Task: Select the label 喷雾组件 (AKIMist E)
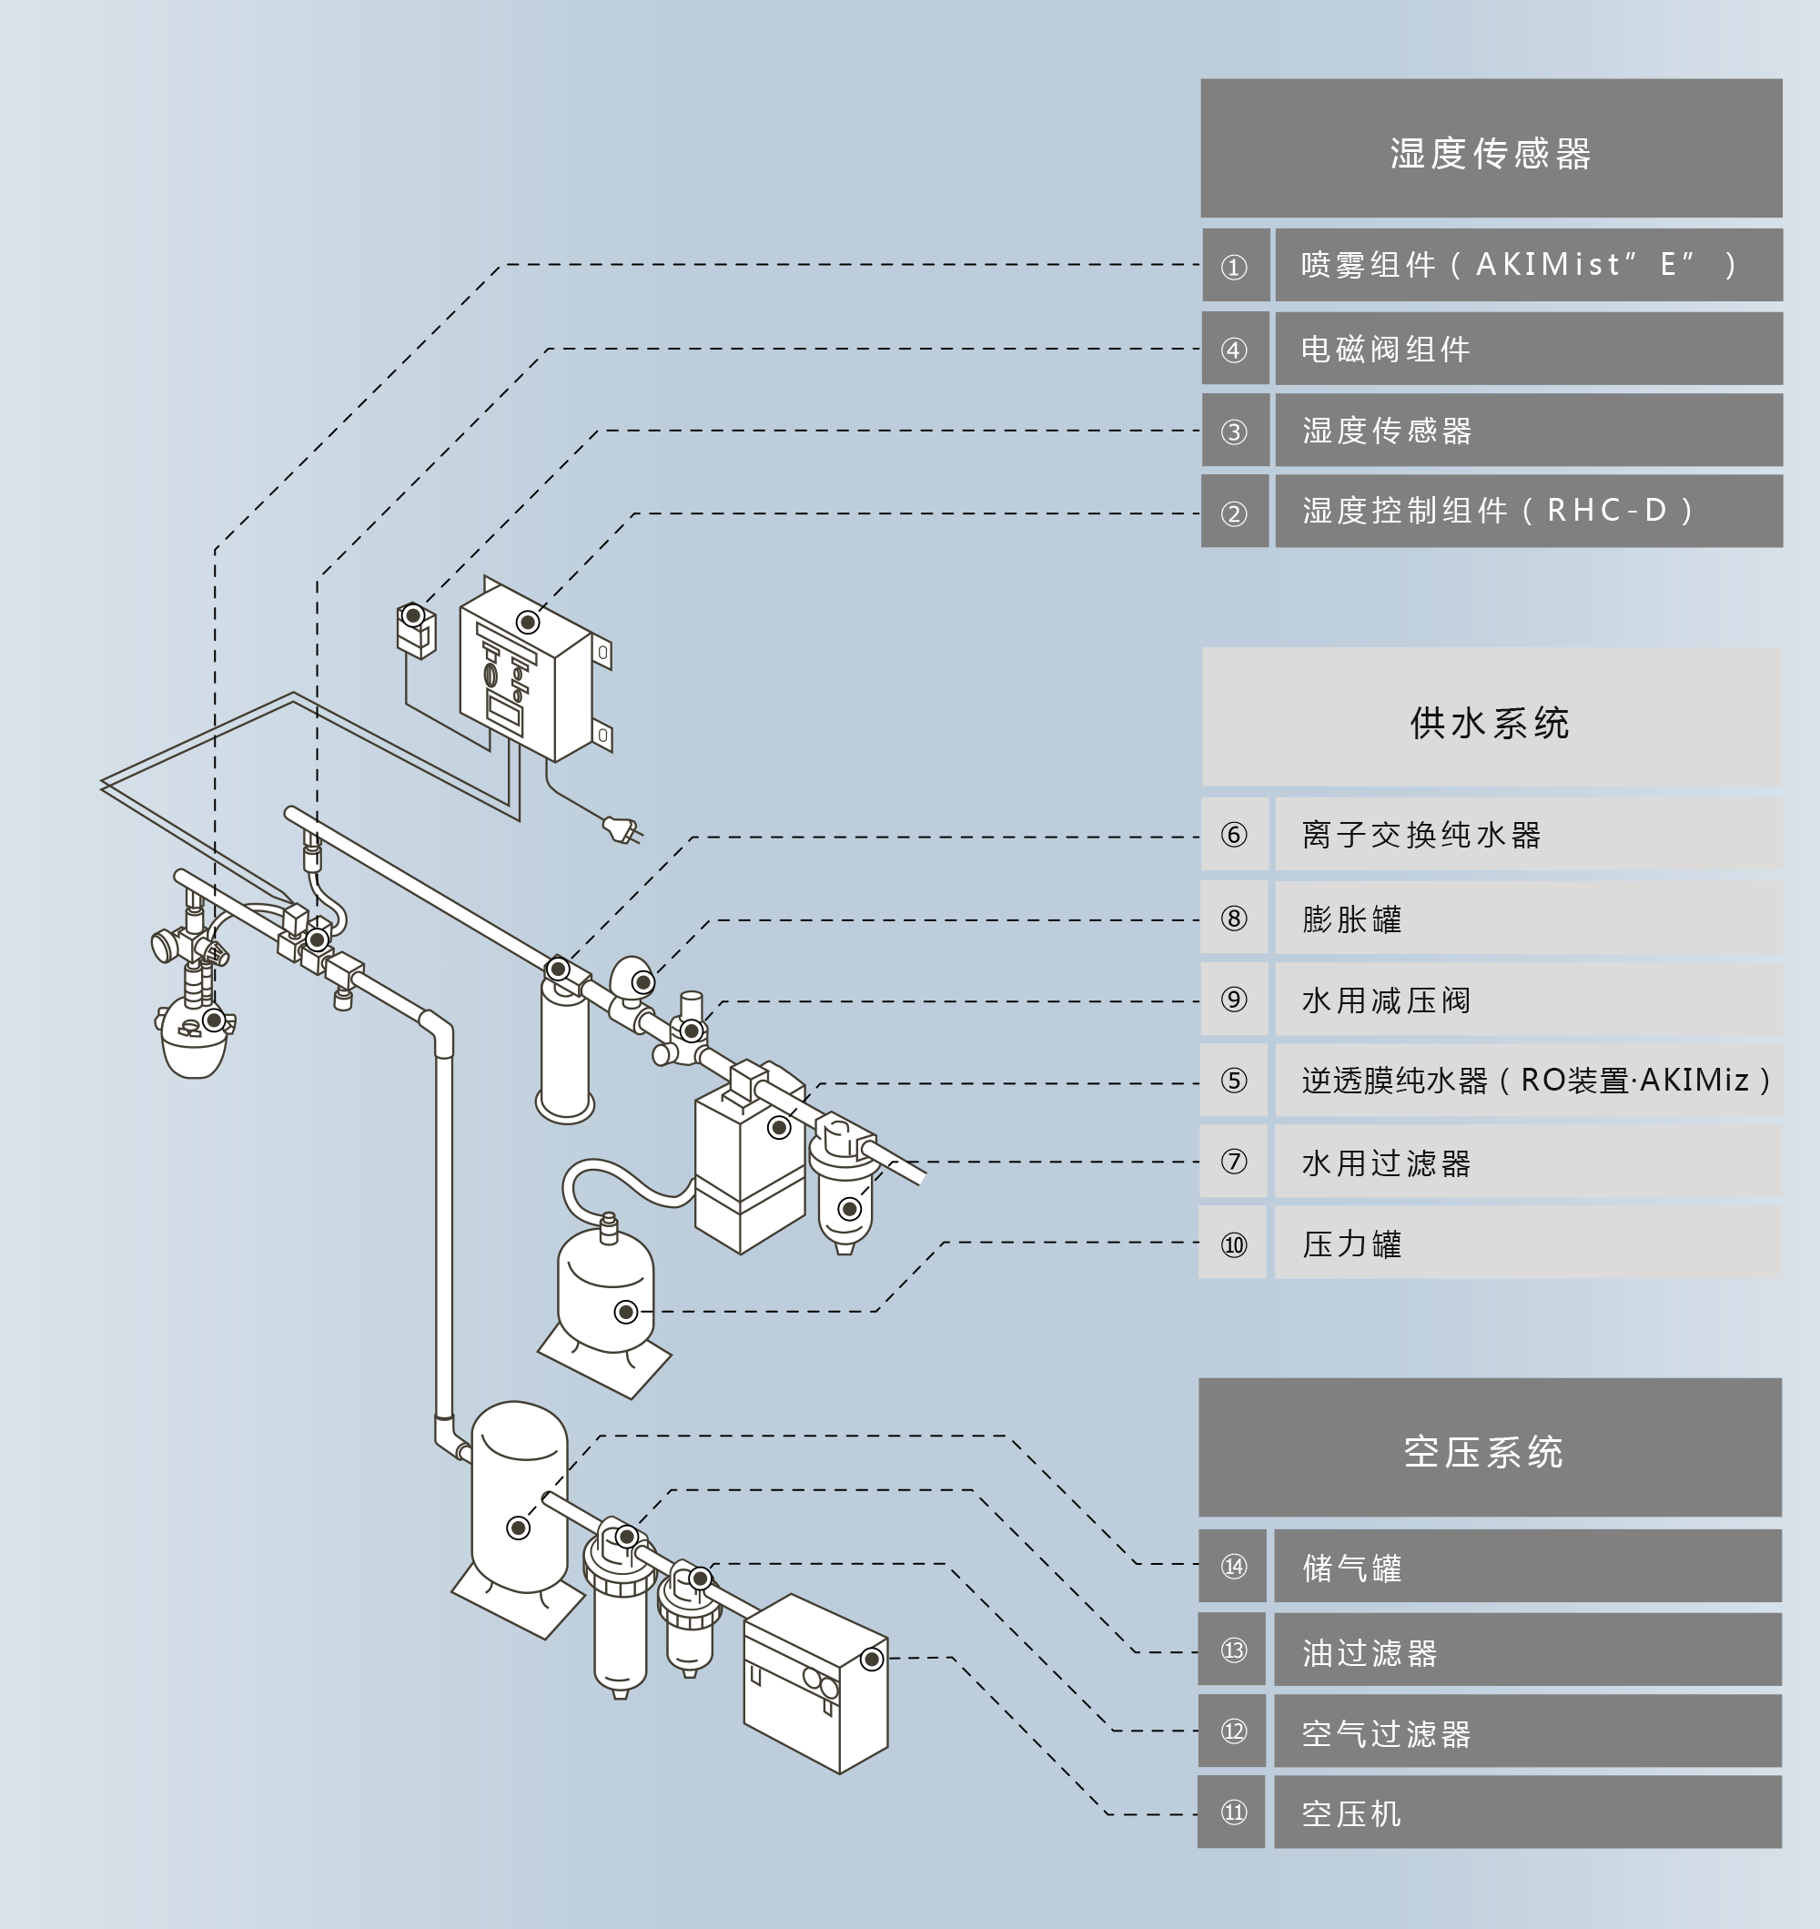[x=1527, y=265]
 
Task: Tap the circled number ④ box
[x=1235, y=350]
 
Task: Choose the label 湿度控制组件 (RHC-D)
[x=1527, y=512]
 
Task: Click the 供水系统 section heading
[x=1491, y=717]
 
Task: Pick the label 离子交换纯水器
[x=1527, y=835]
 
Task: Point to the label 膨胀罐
[x=1527, y=918]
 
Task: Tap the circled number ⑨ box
[x=1234, y=1000]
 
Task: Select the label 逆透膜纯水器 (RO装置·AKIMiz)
[x=1527, y=1080]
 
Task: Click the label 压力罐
[x=1527, y=1243]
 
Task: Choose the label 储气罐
[x=1527, y=1566]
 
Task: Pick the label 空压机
[x=1527, y=1812]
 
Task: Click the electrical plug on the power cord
[x=622, y=829]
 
